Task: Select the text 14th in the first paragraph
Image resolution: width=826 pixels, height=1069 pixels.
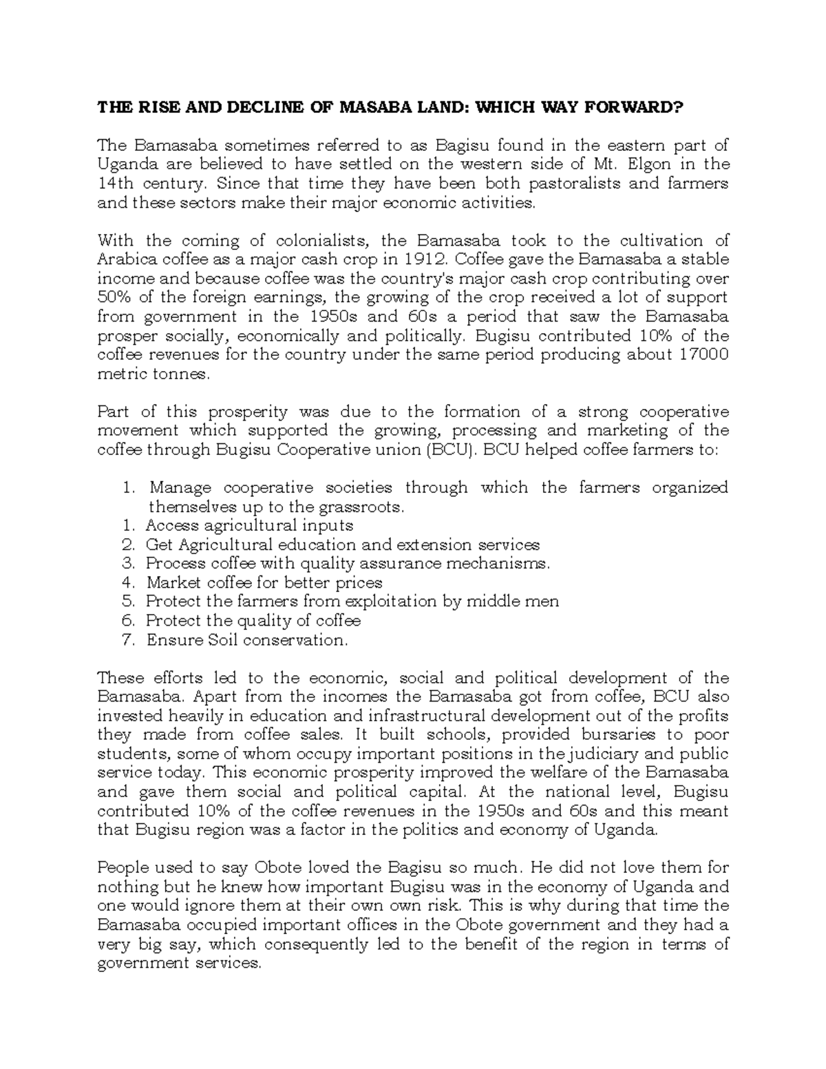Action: (114, 184)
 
